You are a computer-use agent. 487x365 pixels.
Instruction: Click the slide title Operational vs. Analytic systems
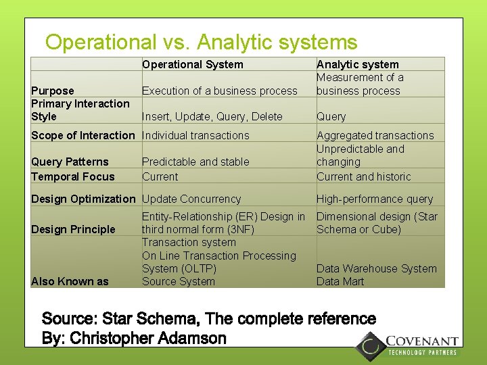(201, 43)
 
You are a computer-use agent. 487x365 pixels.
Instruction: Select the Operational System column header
(192, 64)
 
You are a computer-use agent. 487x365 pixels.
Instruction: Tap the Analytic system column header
(357, 64)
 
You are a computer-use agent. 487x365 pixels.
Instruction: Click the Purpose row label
(53, 91)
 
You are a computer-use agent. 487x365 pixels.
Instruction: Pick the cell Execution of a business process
(219, 91)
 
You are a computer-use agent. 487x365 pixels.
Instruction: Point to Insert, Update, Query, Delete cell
(212, 117)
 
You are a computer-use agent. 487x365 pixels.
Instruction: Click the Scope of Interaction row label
(83, 135)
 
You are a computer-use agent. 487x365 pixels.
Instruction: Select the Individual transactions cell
(195, 135)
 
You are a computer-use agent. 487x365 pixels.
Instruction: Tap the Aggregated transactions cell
(375, 135)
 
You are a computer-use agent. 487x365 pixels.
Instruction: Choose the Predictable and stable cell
(195, 162)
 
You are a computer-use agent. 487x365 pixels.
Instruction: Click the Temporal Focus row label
(73, 176)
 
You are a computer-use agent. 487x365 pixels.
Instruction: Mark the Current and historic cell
(363, 176)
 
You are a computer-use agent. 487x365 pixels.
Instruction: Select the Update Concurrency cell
(191, 199)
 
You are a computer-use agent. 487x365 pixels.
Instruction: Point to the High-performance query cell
(374, 199)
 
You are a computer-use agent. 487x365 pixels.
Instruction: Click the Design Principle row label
(73, 229)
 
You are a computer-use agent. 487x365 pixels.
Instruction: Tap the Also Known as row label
(70, 281)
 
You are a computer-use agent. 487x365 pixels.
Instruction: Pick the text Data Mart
(340, 281)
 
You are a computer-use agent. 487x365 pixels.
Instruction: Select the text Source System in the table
(179, 281)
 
